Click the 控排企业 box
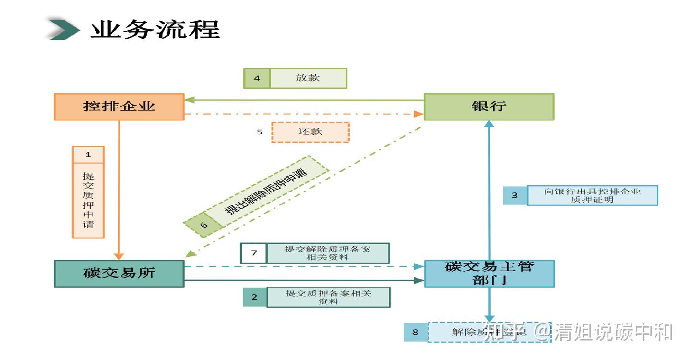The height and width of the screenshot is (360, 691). (119, 107)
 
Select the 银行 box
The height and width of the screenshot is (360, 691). (489, 107)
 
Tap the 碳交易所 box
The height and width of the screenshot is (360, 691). (119, 274)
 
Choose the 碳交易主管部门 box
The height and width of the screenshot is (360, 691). (489, 274)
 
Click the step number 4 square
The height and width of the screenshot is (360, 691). (257, 78)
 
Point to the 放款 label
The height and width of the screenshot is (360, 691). (308, 78)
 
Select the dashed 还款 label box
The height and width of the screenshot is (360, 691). (310, 132)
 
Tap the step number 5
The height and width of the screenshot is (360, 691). (260, 132)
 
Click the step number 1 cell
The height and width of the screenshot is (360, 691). (88, 155)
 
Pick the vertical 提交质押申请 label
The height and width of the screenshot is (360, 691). (88, 200)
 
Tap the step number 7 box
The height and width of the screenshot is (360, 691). (253, 253)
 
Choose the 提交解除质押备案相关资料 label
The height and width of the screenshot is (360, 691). (328, 253)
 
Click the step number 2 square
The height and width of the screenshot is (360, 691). (254, 297)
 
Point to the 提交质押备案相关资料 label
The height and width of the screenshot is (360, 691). (329, 297)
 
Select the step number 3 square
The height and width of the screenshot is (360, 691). (515, 195)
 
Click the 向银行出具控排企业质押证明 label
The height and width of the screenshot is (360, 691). (592, 195)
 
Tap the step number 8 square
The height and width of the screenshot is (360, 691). (416, 332)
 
